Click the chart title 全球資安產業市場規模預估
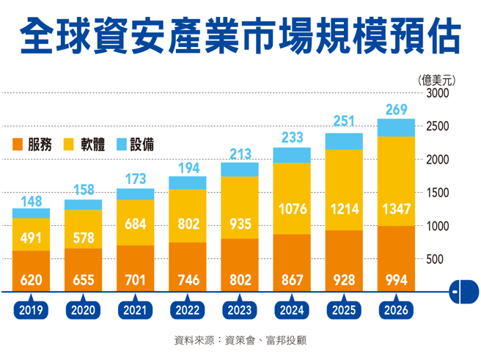click(x=240, y=34)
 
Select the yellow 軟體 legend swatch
click(x=71, y=145)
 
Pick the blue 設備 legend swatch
click(x=122, y=145)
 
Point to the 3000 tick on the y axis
click(x=437, y=94)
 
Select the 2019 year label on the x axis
click(x=32, y=310)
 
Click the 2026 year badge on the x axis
click(x=396, y=310)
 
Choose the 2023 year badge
click(x=240, y=310)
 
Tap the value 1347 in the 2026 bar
click(x=396, y=209)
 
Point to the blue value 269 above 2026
click(x=396, y=110)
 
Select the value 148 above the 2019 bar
click(x=32, y=200)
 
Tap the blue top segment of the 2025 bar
click(x=344, y=141)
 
